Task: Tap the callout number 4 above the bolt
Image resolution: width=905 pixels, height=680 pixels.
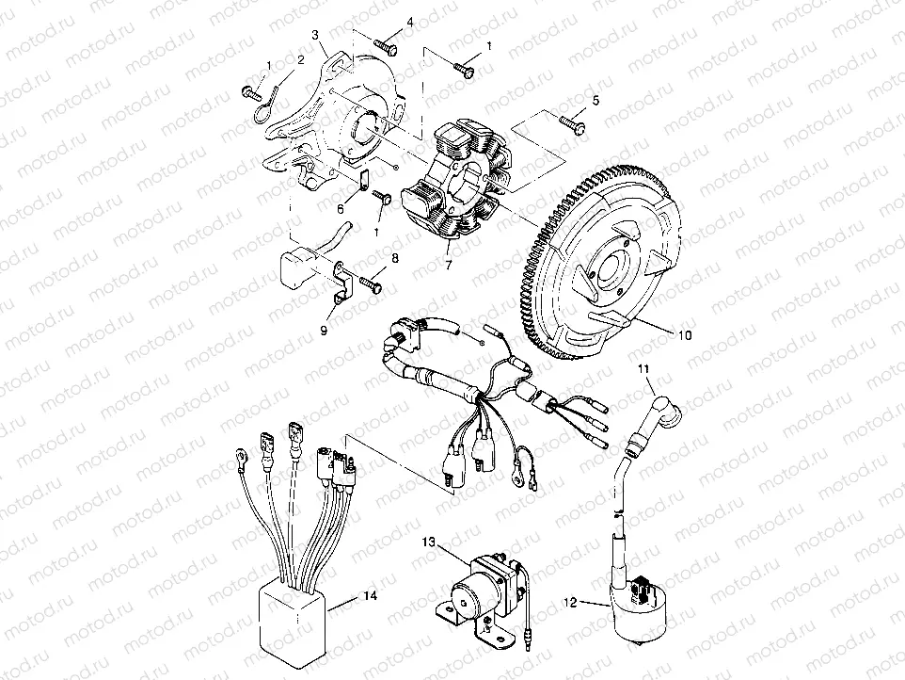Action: (384, 20)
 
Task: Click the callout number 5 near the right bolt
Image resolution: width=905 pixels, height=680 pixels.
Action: (595, 101)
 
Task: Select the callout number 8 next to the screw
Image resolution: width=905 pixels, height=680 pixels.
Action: (395, 257)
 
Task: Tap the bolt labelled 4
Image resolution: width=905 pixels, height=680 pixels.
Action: (386, 43)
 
